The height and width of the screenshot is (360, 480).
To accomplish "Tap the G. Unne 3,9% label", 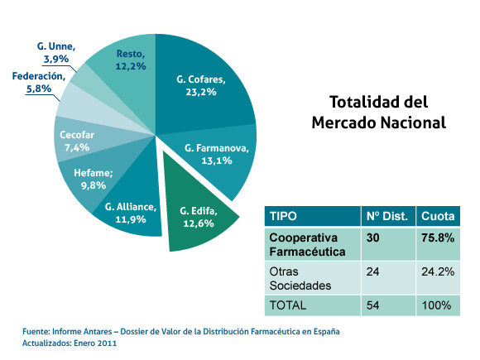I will (x=56, y=54).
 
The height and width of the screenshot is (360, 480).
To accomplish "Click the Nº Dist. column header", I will (x=386, y=216).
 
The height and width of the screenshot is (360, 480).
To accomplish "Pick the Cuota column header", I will (x=437, y=216).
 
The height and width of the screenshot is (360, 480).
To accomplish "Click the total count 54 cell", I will (x=373, y=305).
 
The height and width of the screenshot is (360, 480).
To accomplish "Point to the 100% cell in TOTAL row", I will (x=435, y=305).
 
